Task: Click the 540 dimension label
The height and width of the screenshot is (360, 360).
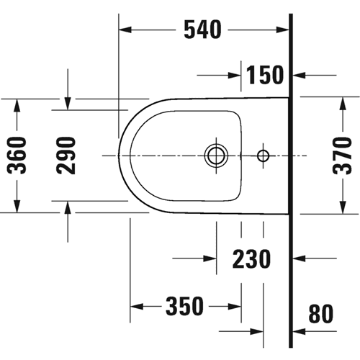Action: click(202, 30)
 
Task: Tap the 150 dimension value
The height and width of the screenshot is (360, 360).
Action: click(265, 75)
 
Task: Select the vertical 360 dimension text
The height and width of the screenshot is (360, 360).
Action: click(17, 156)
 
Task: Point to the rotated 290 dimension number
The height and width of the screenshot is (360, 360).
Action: click(66, 156)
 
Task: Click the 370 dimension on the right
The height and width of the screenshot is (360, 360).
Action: click(342, 156)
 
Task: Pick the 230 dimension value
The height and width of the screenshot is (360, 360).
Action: click(251, 258)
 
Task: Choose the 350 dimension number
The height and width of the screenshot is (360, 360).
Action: click(184, 306)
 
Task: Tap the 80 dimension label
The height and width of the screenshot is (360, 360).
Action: click(321, 313)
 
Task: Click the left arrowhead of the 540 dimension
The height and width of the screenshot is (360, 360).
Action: click(125, 30)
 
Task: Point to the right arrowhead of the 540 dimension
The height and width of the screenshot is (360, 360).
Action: click(282, 30)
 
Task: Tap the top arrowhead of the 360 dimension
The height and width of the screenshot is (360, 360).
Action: click(17, 105)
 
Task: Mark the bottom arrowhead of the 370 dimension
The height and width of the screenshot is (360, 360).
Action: click(343, 207)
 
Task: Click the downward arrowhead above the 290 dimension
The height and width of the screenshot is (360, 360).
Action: click(68, 104)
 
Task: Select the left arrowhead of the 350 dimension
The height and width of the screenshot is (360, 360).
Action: click(137, 307)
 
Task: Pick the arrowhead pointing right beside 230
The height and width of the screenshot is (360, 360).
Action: click(210, 258)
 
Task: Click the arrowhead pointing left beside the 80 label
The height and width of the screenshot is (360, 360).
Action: click(299, 332)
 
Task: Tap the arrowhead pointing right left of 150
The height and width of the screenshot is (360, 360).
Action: click(235, 76)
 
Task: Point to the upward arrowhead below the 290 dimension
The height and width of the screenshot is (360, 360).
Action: click(68, 207)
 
